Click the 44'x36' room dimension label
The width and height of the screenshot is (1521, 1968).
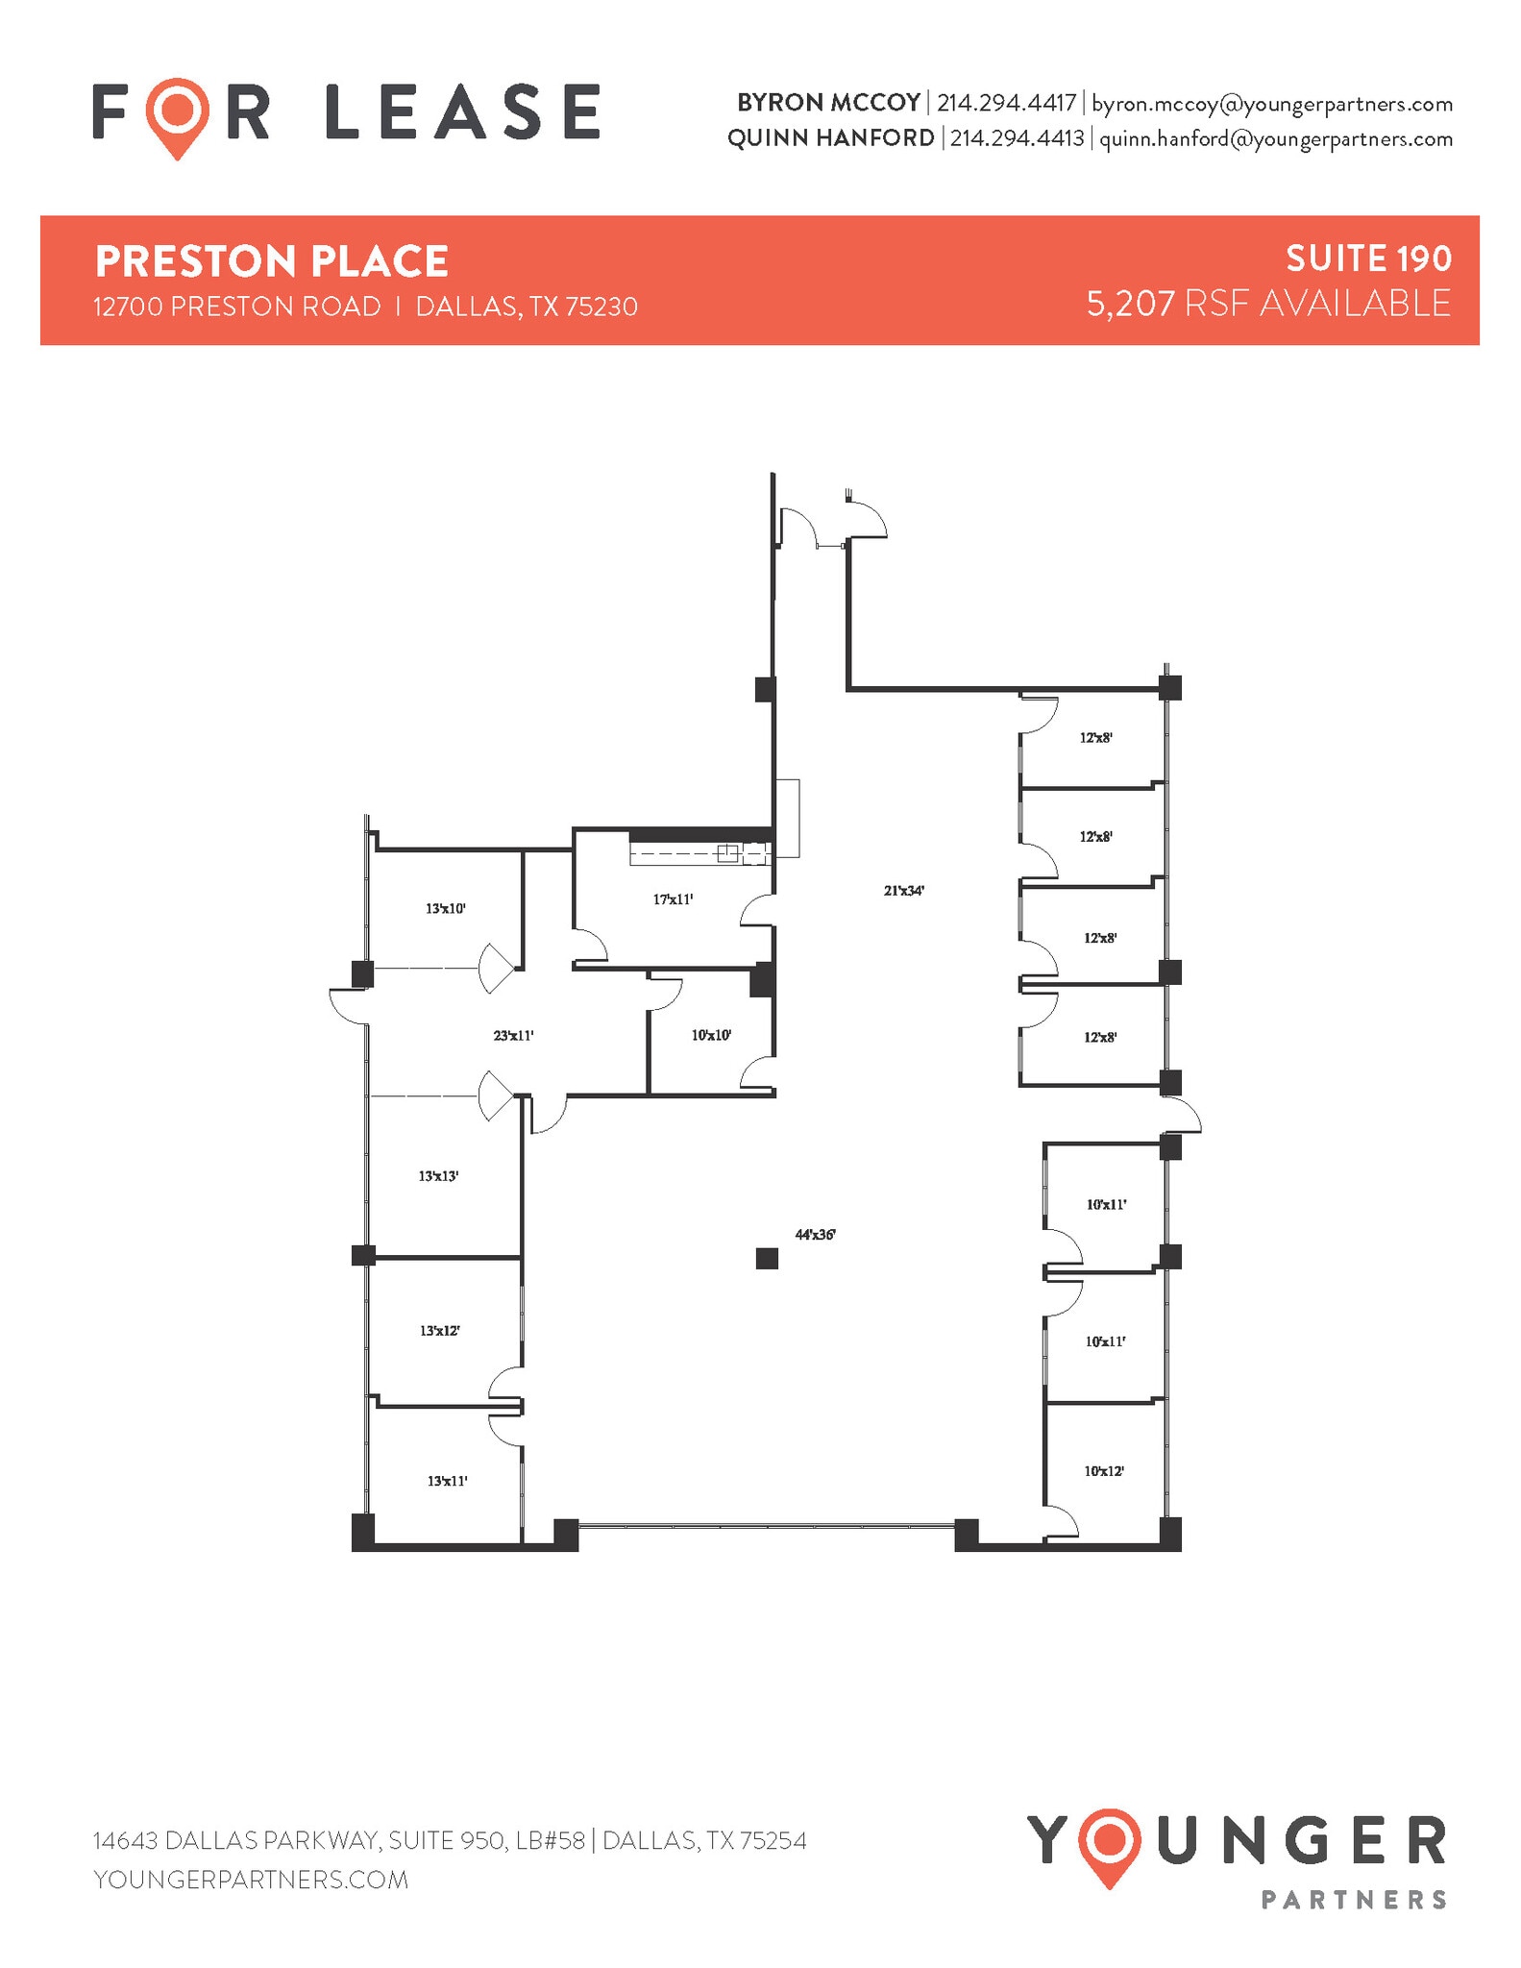[x=815, y=1235]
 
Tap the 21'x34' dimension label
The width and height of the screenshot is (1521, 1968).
[x=903, y=891]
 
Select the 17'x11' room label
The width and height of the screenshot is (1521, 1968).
[x=673, y=899]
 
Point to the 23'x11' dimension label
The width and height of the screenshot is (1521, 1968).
[x=513, y=1036]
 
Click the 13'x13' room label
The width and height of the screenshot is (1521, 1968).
[x=438, y=1175]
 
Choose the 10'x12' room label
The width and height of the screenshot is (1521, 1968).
[x=1104, y=1471]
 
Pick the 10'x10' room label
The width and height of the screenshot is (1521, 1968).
[x=711, y=1036]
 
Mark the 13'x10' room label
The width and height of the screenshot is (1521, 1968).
[x=445, y=908]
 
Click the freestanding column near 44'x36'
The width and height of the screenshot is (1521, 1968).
[x=766, y=1258]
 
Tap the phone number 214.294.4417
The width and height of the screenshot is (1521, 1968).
[x=1006, y=103]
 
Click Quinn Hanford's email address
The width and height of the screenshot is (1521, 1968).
[x=1275, y=138]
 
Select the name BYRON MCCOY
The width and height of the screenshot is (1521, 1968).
[x=828, y=103]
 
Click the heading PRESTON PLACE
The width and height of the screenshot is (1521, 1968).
[x=272, y=261]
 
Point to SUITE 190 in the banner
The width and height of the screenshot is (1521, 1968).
[x=1368, y=258]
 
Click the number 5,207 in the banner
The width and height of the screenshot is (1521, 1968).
[x=1130, y=304]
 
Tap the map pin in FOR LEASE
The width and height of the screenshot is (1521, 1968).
[x=178, y=115]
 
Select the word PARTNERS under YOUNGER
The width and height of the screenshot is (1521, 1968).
[x=1352, y=1900]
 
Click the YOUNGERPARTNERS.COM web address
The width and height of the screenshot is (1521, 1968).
[x=251, y=1880]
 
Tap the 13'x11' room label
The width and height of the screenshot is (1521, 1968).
[x=447, y=1481]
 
